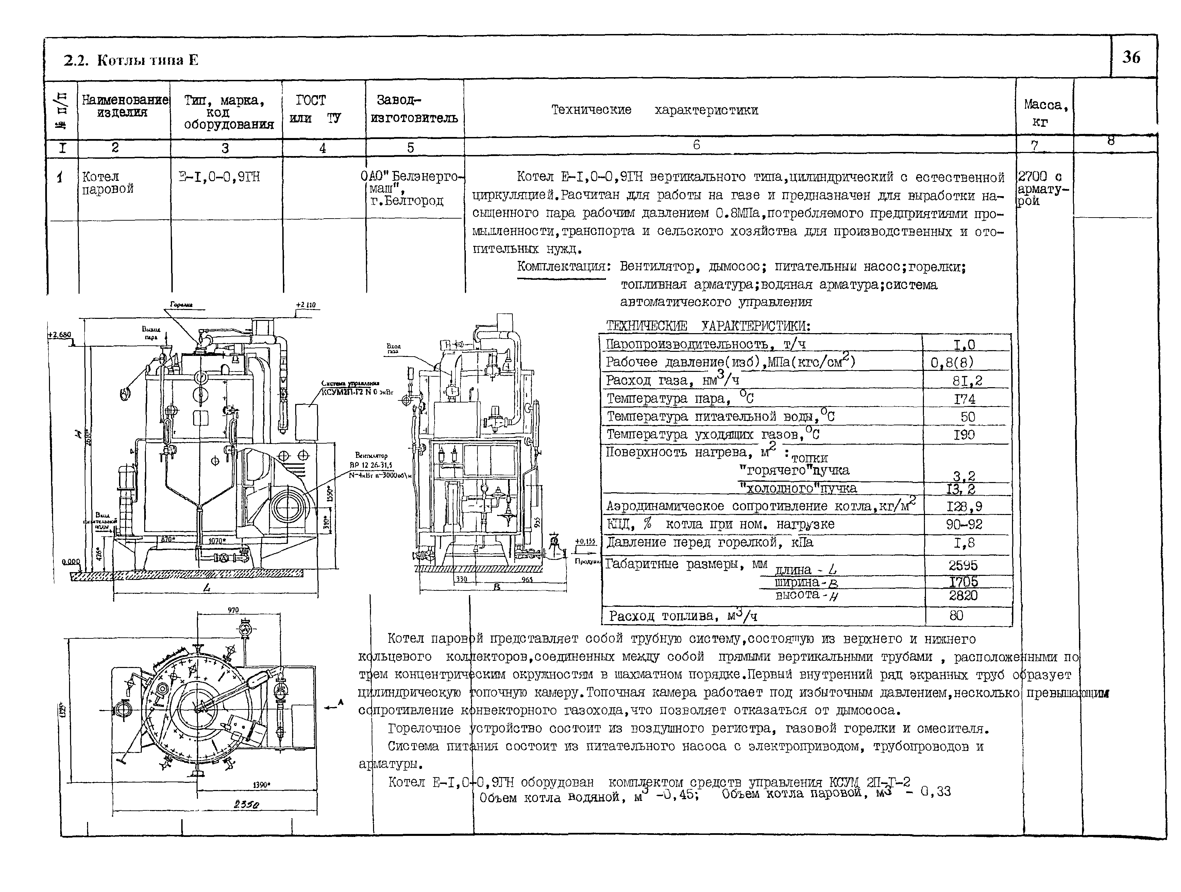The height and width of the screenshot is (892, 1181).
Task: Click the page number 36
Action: click(x=1131, y=57)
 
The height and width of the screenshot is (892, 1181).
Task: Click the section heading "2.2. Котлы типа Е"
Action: click(x=131, y=60)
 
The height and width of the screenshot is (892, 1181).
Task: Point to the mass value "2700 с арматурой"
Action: click(x=1043, y=188)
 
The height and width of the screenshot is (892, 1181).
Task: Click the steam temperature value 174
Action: click(x=964, y=399)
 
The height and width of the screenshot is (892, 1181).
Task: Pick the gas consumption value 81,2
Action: click(x=967, y=381)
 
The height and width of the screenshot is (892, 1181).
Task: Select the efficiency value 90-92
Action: click(x=964, y=524)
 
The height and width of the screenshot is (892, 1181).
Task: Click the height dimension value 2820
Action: click(x=963, y=595)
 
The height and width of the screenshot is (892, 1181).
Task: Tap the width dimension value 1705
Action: click(x=963, y=581)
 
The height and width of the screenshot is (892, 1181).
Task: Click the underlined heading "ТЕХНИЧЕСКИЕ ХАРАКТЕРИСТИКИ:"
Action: click(x=708, y=326)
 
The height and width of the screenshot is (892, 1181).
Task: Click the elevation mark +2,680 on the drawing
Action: click(x=59, y=335)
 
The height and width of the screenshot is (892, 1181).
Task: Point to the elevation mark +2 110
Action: click(x=306, y=305)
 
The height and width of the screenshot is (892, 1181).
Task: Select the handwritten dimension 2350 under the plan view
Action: click(x=246, y=804)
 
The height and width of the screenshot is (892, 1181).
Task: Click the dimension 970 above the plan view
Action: click(x=233, y=610)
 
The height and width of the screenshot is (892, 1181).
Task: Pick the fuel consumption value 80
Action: click(x=956, y=616)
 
